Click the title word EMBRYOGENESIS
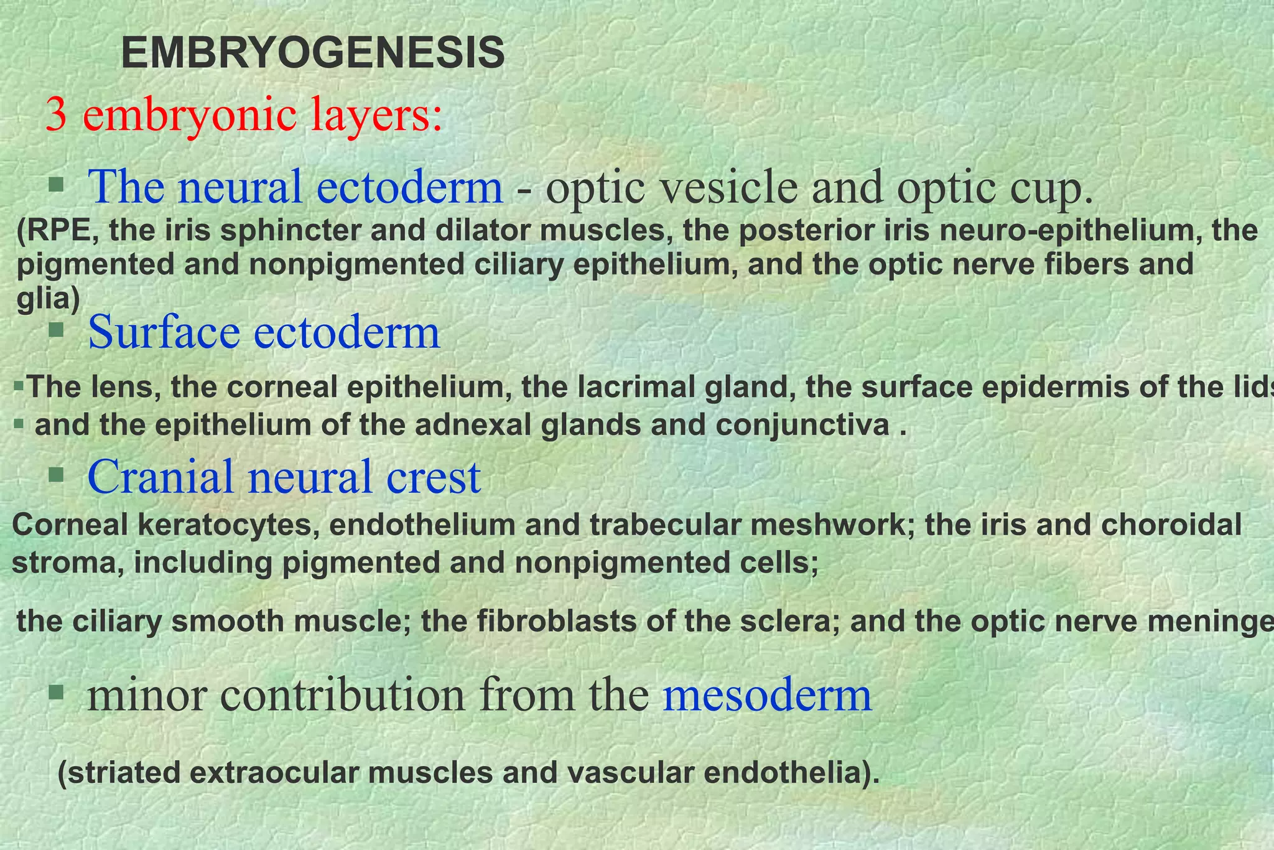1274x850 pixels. coord(312,54)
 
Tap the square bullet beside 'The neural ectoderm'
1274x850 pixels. coord(57,184)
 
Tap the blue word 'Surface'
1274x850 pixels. coord(164,332)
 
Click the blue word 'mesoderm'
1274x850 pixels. coord(767,696)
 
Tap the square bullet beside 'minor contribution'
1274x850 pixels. coord(57,691)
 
